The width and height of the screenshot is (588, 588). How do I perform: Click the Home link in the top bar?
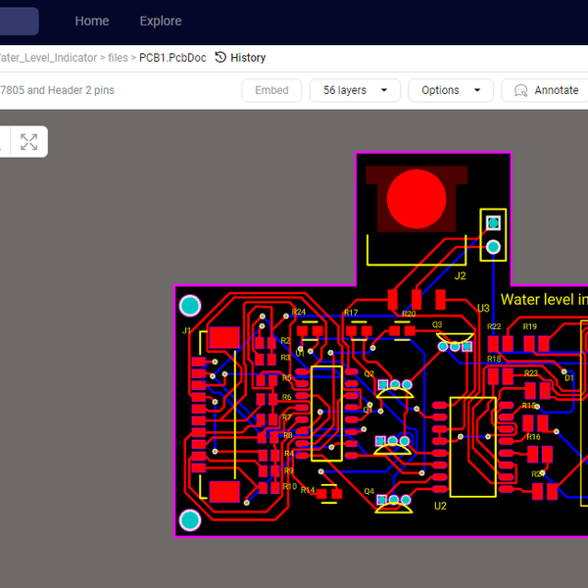[92, 21]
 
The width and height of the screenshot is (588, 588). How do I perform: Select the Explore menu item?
[161, 21]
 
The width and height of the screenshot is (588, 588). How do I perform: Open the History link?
[240, 58]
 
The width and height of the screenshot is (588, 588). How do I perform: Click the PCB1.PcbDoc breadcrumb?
[172, 58]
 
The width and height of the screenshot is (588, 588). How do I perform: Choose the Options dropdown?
[450, 90]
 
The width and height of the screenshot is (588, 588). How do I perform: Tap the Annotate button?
[545, 90]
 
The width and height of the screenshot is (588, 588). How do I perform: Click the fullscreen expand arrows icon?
[29, 142]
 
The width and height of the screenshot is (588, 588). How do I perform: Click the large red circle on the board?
[416, 200]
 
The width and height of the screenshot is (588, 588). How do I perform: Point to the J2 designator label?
[461, 276]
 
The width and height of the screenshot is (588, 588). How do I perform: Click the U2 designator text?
[440, 506]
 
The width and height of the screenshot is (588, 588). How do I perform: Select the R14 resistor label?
[308, 490]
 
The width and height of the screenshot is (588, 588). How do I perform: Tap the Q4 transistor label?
[369, 491]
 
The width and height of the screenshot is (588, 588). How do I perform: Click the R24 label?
[299, 313]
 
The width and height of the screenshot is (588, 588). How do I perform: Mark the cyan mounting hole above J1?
[190, 305]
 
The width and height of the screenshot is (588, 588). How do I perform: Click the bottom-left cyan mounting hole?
[190, 519]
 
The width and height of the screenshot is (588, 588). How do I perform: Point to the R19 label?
[530, 326]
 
